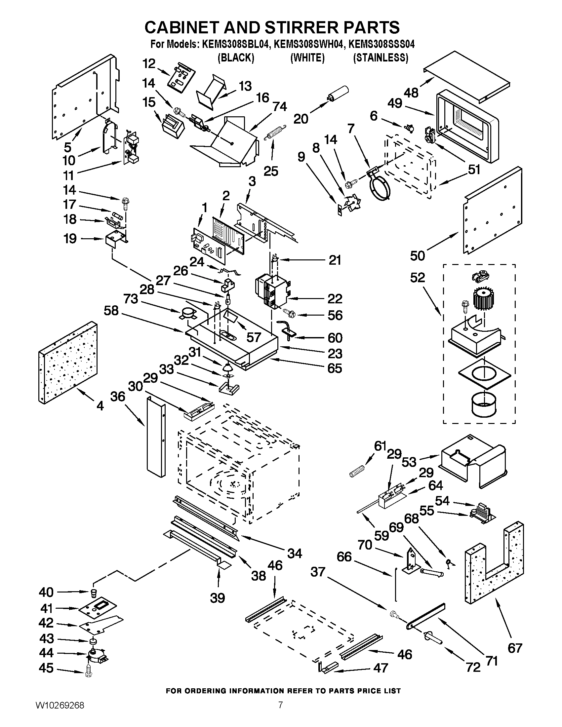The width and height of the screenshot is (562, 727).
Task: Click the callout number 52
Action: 418,277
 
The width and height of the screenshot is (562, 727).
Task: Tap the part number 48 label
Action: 411,93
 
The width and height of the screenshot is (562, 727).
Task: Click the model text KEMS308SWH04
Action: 308,45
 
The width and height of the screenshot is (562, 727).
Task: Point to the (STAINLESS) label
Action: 380,58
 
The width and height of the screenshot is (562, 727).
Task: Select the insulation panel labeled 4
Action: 68,363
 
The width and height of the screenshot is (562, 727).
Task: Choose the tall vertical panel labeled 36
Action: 155,437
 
